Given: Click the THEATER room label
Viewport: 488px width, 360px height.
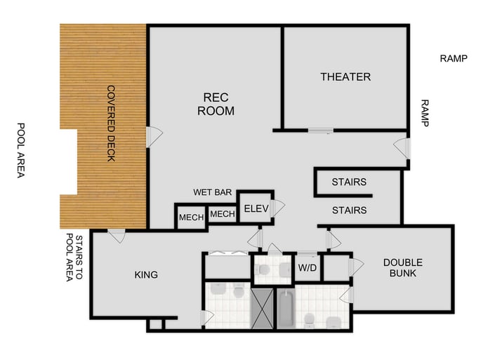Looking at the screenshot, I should coord(345,76).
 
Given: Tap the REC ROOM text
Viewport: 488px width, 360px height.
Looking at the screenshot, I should coord(216,104).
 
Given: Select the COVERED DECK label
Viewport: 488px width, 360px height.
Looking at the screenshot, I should coord(111,124).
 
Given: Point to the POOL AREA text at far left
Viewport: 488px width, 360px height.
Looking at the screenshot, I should coord(20,150).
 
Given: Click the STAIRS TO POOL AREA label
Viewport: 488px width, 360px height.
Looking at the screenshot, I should coord(74,258).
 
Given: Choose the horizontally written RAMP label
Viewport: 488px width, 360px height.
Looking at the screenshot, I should coord(453,58).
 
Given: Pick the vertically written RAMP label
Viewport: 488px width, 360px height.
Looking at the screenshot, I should coord(424,112).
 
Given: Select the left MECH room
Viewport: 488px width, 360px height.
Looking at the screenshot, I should coord(190,218).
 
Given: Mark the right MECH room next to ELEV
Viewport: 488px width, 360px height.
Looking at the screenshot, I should coord(222,214).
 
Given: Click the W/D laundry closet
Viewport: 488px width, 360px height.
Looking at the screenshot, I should coord(307,267).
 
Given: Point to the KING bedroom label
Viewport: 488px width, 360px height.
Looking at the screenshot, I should coord(146,274).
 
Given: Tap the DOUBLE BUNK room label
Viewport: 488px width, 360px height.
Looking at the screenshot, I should coord(403,267).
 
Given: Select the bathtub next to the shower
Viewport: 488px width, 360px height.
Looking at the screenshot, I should coord(286,308).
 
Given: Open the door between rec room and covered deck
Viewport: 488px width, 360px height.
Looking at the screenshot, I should coord(152,136).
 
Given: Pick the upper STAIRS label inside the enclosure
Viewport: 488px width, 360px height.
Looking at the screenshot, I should coord(349,182).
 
